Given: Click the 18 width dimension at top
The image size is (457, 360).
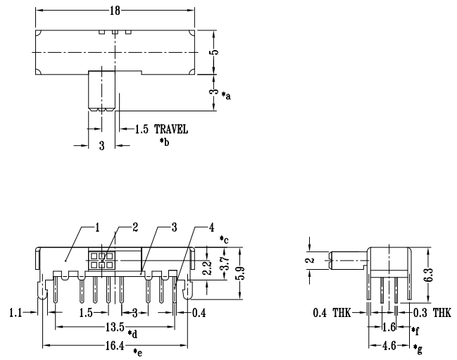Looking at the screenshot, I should (x=115, y=11).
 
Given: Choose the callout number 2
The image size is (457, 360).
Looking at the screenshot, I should (x=137, y=227).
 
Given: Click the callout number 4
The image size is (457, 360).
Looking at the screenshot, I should (x=211, y=227).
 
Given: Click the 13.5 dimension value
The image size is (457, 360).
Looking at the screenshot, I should (x=115, y=328).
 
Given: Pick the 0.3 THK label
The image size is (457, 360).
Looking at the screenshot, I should (x=432, y=311).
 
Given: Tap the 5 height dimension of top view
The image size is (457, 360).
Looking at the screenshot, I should (x=218, y=52).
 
